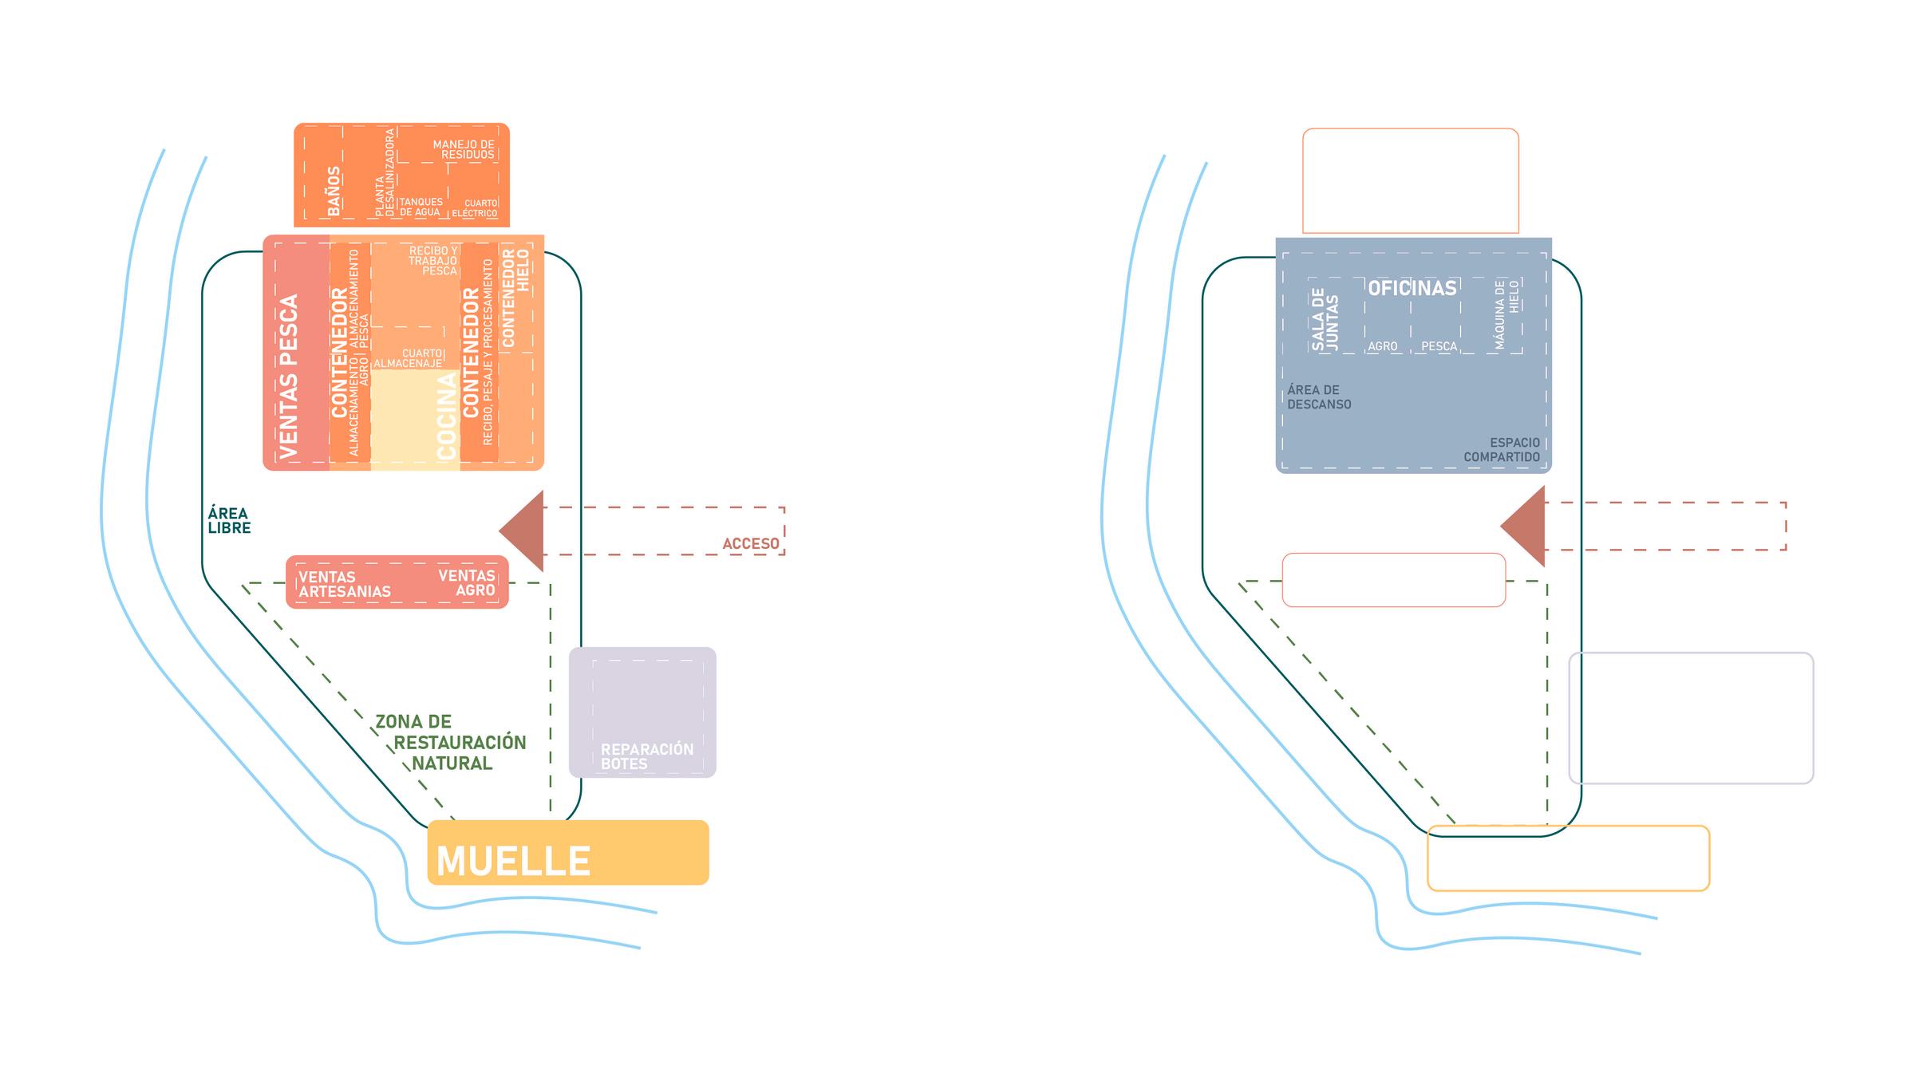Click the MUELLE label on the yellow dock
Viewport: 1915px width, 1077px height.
coord(513,862)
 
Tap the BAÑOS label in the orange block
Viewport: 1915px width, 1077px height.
coord(334,191)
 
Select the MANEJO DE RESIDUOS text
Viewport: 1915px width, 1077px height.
coord(464,149)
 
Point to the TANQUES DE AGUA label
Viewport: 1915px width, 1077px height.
coord(421,207)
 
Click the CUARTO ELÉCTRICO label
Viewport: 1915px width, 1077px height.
coord(475,208)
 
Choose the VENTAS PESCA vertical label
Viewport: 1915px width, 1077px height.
coord(288,377)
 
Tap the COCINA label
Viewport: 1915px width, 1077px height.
coord(447,416)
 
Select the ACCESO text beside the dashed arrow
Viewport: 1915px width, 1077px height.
coord(750,544)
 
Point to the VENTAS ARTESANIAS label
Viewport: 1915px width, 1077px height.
coord(344,584)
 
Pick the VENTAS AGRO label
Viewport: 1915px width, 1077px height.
coord(468,582)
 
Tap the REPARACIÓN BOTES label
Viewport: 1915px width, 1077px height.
coord(646,756)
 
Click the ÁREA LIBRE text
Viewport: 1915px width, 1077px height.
coord(229,520)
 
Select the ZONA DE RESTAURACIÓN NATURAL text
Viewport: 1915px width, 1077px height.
coord(452,743)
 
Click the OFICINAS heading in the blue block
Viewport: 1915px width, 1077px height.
coord(1412,288)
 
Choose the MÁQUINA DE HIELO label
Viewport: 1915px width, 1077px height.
coord(1506,314)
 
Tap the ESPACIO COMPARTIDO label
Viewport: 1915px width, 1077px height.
coord(1502,450)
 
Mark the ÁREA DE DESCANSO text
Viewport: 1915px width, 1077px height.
coord(1319,397)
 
